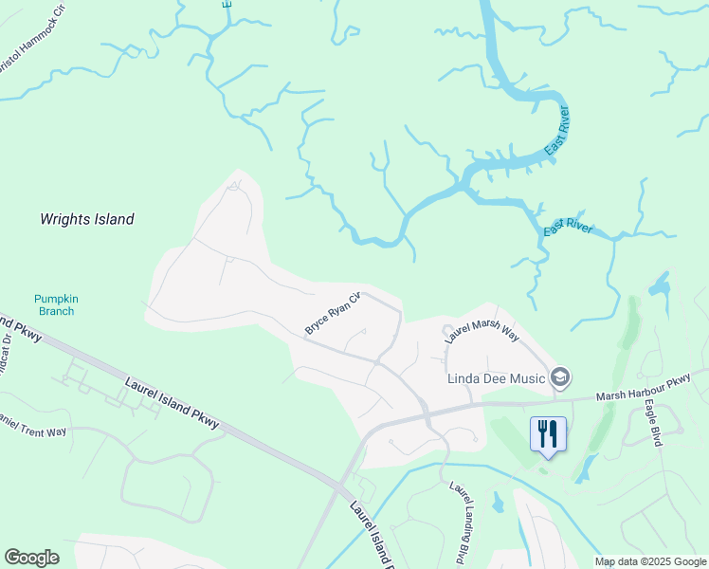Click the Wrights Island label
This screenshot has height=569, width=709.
click(x=86, y=219)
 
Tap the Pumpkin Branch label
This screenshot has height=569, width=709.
click(x=56, y=304)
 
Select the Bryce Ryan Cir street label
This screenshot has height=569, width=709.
click(x=334, y=314)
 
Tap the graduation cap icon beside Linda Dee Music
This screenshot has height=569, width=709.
click(x=560, y=378)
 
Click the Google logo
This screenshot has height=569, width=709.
click(x=32, y=558)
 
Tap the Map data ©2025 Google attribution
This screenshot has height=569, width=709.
click(x=650, y=561)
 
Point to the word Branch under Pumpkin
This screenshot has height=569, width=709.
click(x=56, y=311)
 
